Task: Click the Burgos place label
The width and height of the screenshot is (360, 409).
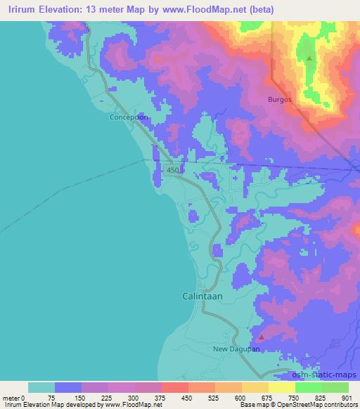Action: coord(279,100)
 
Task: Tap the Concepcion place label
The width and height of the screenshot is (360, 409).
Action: coord(129,117)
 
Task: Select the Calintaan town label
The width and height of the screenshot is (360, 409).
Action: coord(202,296)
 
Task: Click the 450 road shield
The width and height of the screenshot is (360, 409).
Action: coord(174,171)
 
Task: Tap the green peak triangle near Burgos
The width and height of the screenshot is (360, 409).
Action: coord(309,58)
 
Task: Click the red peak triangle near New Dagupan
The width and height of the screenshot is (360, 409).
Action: coord(261,337)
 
